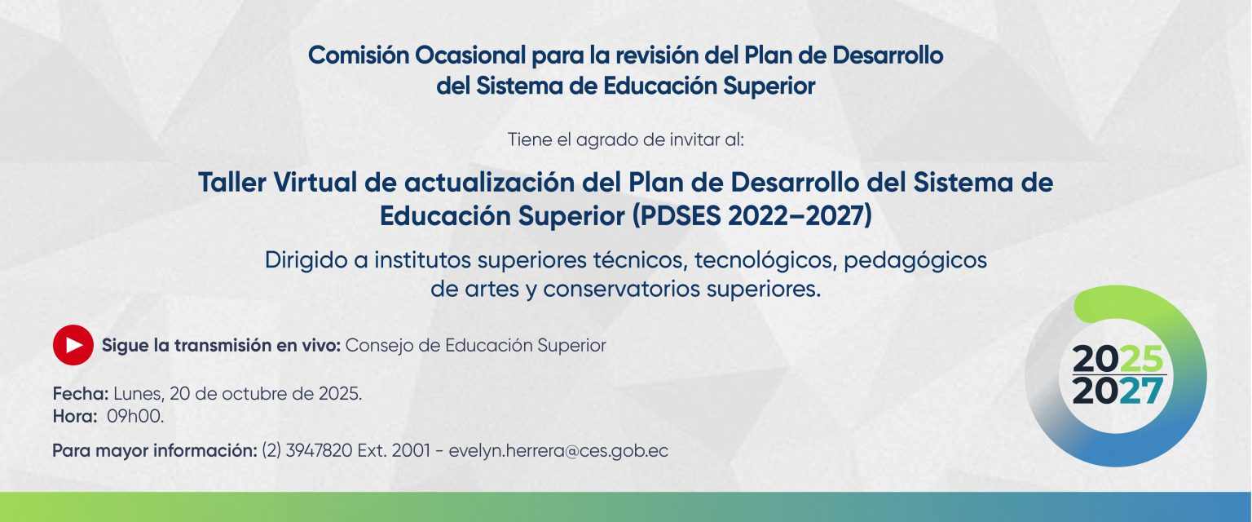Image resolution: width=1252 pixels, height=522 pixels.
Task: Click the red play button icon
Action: pyautogui.click(x=73, y=345)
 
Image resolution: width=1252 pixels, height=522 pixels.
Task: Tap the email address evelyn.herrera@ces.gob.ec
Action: pyautogui.click(x=558, y=451)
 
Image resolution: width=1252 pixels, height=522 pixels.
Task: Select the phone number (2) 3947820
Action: pyautogui.click(x=306, y=451)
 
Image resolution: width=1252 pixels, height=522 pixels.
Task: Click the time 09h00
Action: pyautogui.click(x=135, y=416)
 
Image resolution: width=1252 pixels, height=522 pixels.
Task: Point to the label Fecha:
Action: pyautogui.click(x=81, y=394)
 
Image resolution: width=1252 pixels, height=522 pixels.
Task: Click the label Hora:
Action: pyautogui.click(x=75, y=416)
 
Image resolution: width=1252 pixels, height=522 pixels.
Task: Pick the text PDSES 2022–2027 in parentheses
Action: pyautogui.click(x=752, y=216)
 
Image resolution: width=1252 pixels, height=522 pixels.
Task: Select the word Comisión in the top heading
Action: pyautogui.click(x=359, y=55)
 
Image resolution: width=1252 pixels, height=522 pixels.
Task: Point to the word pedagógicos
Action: pyautogui.click(x=915, y=261)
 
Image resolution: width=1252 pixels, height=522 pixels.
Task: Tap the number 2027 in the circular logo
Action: pyautogui.click(x=1118, y=391)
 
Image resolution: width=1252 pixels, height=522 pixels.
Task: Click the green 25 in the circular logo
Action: pyautogui.click(x=1142, y=359)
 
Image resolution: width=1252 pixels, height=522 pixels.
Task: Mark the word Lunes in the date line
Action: pyautogui.click(x=139, y=395)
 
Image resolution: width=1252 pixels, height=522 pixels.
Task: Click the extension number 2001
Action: pyautogui.click(x=411, y=451)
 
